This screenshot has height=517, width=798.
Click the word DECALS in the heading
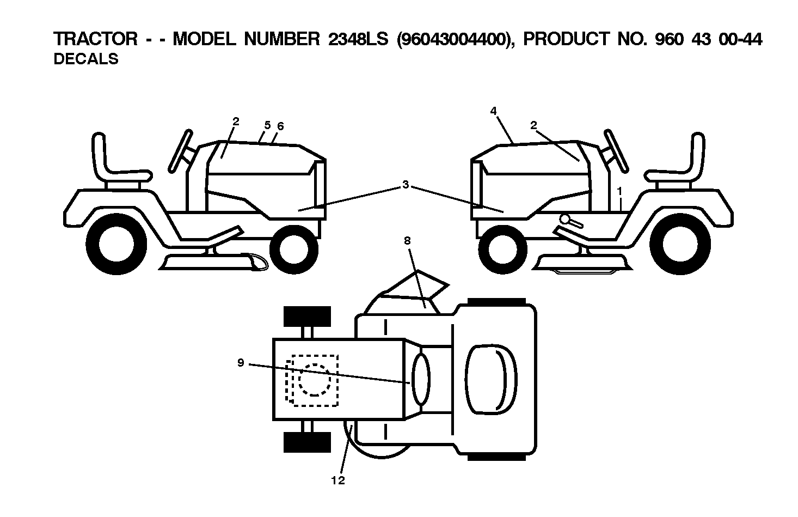(x=86, y=59)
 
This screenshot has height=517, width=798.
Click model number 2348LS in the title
(x=358, y=39)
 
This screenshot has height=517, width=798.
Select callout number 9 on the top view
(x=241, y=363)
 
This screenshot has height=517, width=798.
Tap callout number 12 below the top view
(x=338, y=480)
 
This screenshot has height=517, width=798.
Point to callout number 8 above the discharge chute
(x=407, y=241)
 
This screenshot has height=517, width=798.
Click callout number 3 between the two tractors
(x=406, y=185)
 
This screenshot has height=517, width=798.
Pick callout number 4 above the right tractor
(x=493, y=111)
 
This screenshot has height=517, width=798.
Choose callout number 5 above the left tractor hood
(x=267, y=125)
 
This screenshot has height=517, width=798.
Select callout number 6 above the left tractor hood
(x=280, y=126)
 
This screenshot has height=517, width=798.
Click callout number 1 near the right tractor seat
(x=620, y=191)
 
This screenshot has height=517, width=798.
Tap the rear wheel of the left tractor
(x=116, y=244)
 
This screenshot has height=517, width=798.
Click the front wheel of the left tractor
(x=294, y=250)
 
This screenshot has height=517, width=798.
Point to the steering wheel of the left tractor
(x=180, y=151)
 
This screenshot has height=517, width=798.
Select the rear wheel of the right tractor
(x=680, y=244)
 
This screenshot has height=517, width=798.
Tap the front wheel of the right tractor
(x=502, y=250)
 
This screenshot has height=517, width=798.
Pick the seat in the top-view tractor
(x=492, y=379)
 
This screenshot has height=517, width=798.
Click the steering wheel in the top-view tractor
(x=421, y=379)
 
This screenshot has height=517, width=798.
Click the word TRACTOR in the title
(x=95, y=39)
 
